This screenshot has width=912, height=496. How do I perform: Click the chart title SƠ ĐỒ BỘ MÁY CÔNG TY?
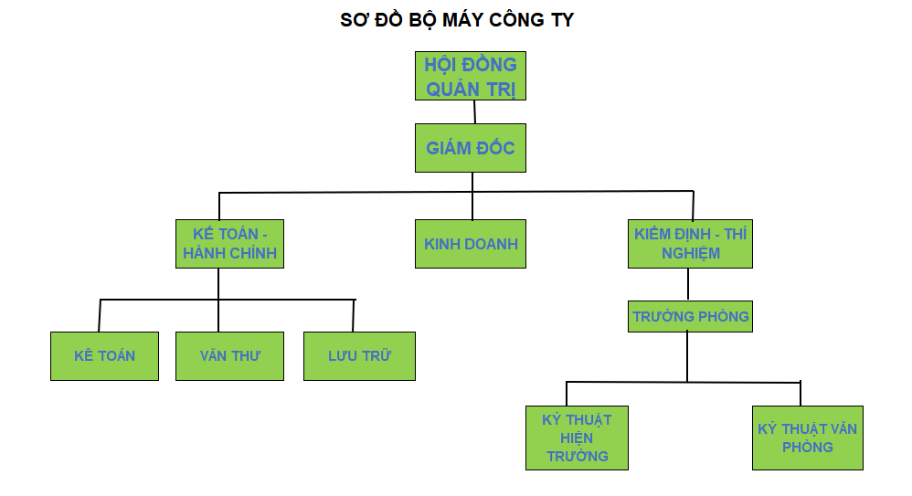click(x=457, y=20)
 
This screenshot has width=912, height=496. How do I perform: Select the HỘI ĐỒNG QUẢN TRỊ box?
click(x=470, y=76)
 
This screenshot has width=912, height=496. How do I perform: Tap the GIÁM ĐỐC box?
click(x=471, y=147)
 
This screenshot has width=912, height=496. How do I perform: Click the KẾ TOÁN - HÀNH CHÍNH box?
click(x=229, y=244)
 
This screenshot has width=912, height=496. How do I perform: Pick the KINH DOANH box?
click(x=471, y=244)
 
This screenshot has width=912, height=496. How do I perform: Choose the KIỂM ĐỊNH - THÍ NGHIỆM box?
click(x=690, y=244)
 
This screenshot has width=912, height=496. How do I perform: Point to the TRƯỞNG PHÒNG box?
click(x=690, y=316)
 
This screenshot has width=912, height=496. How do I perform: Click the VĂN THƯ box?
click(x=229, y=355)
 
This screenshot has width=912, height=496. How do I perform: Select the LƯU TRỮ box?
click(x=359, y=355)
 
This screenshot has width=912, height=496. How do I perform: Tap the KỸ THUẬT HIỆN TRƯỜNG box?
click(x=577, y=438)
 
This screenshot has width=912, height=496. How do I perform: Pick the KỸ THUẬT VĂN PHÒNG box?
click(x=807, y=438)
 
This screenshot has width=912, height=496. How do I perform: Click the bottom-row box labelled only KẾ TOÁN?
click(x=104, y=355)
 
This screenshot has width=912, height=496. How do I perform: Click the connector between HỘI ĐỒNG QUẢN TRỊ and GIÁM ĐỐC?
click(x=475, y=111)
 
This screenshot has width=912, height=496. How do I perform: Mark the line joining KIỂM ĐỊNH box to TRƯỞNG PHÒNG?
click(x=688, y=284)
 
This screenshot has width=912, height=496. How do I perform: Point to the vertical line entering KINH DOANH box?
click(x=472, y=206)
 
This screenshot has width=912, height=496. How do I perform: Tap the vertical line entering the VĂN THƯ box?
click(x=218, y=315)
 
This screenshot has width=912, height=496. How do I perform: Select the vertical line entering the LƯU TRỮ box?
click(x=353, y=315)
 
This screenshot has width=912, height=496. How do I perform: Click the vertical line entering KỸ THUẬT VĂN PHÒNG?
click(x=801, y=393)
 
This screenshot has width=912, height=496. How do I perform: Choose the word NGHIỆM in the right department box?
click(x=690, y=254)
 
